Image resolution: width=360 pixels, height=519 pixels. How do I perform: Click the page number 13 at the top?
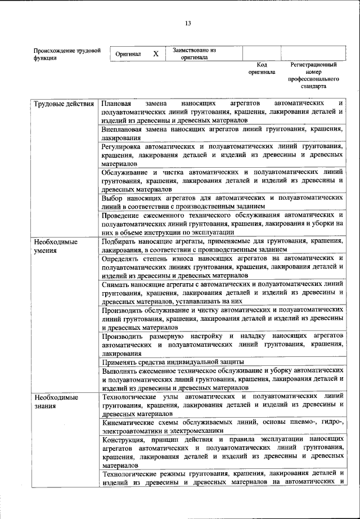188,23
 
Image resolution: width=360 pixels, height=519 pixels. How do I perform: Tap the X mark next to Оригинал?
156,53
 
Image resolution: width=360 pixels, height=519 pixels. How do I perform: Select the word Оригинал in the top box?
128,53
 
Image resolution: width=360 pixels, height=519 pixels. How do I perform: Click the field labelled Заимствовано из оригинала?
194,53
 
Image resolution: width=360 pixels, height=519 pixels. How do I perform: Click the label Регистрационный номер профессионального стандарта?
313,76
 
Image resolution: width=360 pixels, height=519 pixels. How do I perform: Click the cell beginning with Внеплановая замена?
222,133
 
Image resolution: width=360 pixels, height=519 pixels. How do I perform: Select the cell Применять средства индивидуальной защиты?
173,361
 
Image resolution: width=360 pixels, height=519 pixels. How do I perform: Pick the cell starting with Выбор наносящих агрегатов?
222,202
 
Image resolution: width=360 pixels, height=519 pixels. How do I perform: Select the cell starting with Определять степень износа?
222,267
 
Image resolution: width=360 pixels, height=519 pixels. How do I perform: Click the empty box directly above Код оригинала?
261,53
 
